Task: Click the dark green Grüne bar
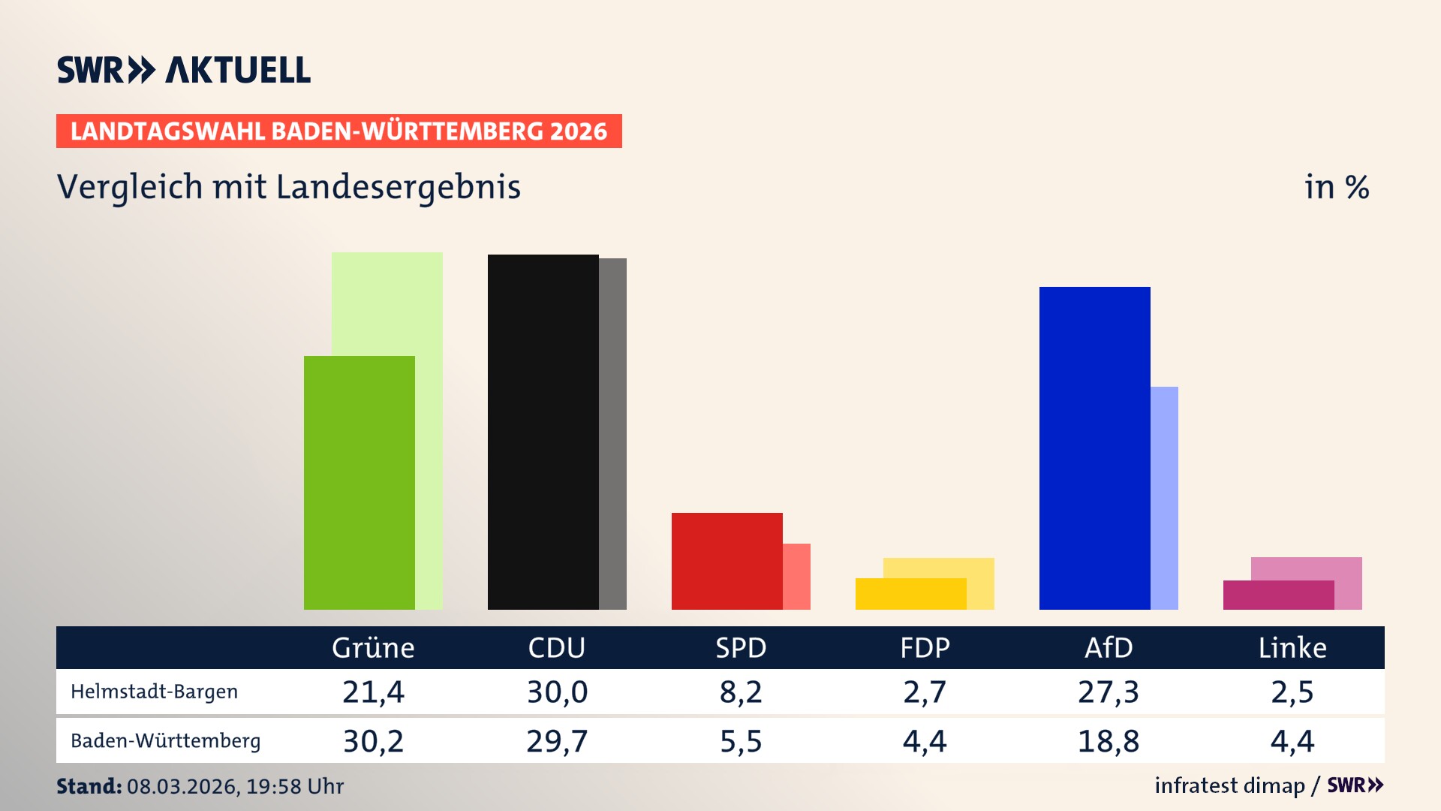(359, 482)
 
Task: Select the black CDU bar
(543, 432)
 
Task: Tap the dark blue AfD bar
(1094, 448)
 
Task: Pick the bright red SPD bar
(727, 561)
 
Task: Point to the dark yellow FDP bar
(910, 594)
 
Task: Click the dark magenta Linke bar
(1278, 595)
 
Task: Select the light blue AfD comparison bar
(1164, 497)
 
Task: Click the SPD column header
(741, 647)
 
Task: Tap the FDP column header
(925, 647)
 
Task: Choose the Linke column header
(1292, 647)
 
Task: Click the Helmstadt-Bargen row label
(154, 692)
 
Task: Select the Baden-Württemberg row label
(165, 741)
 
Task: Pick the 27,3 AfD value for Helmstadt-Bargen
(1108, 692)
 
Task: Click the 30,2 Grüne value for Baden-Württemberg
(373, 741)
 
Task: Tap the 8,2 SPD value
(741, 692)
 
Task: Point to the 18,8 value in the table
(1108, 741)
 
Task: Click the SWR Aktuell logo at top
(184, 70)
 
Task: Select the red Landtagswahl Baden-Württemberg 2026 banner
(338, 131)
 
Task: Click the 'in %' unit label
(1337, 187)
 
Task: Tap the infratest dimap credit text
(1229, 785)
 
